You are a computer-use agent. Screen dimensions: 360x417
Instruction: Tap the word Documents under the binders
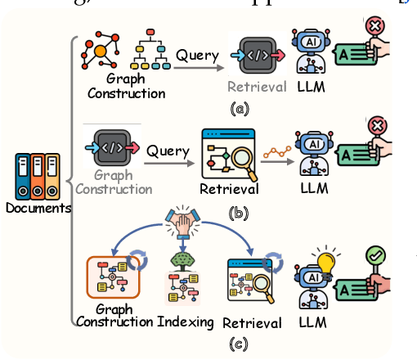37,208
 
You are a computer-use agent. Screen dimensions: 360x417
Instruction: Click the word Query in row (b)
164,151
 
